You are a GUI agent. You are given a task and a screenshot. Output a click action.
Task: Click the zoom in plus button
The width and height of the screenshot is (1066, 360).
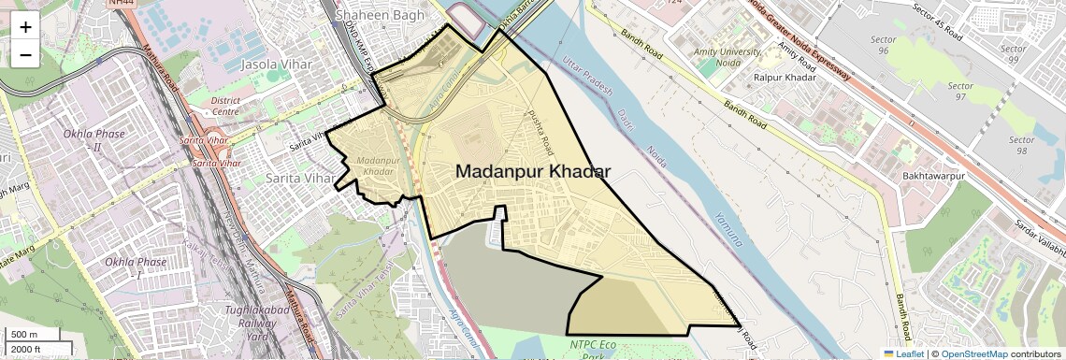25,27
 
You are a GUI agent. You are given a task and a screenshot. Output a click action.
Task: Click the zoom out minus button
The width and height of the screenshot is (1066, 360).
25,55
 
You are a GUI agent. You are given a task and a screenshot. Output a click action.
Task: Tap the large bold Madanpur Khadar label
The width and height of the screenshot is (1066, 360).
533,172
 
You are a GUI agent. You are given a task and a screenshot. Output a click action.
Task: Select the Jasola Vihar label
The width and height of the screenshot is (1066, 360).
276,65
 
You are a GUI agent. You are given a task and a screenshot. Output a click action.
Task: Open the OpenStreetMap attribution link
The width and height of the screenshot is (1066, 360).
973,353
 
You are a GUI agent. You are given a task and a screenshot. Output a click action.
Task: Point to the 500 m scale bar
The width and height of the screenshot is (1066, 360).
25,334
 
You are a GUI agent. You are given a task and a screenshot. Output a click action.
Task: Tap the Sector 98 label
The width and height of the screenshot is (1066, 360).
1022,145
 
